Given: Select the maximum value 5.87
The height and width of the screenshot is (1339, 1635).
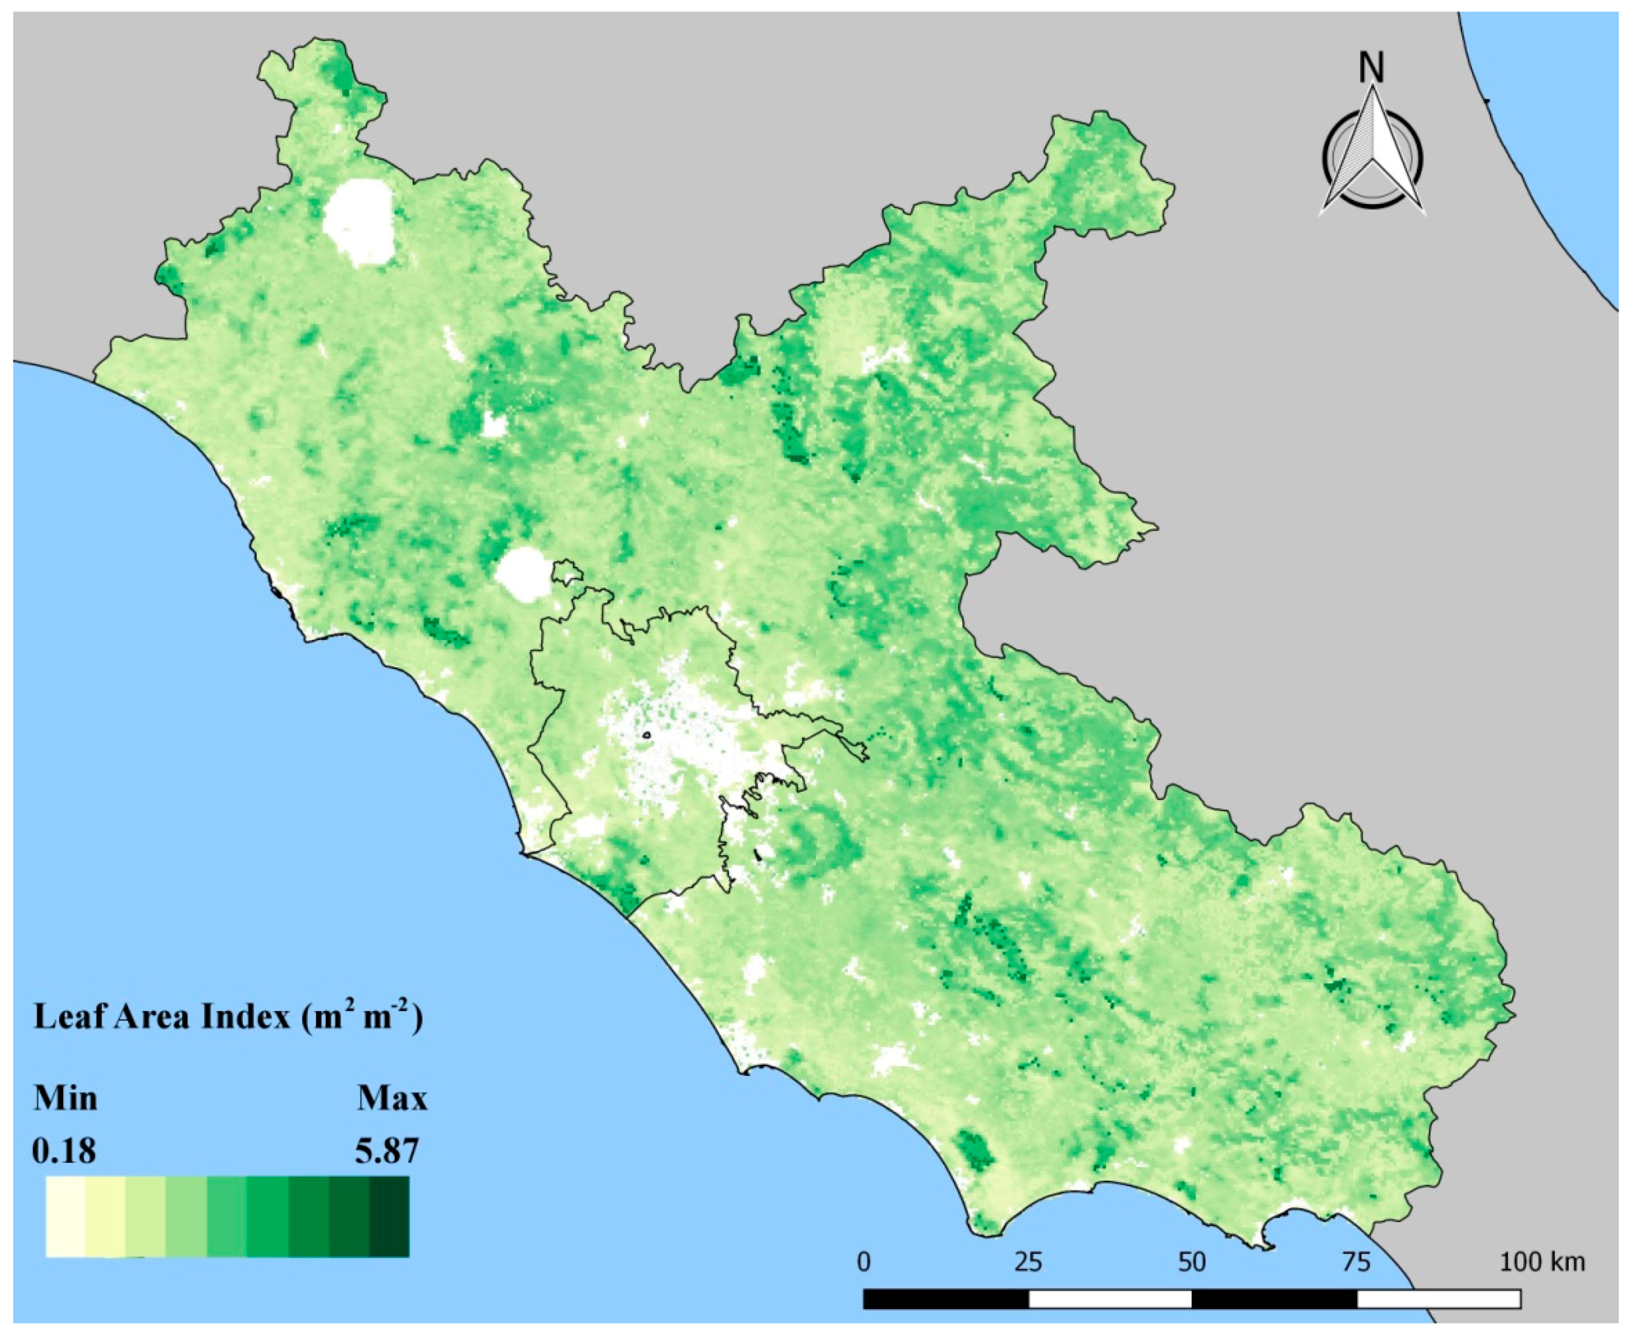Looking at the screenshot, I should pyautogui.click(x=387, y=1152).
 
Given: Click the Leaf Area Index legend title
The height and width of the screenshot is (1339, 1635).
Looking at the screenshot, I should pyautogui.click(x=227, y=1018).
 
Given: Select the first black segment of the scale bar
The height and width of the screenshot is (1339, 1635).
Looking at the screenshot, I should pyautogui.click(x=946, y=1299).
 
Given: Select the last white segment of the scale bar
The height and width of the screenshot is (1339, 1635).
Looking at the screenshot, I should pyautogui.click(x=1438, y=1299).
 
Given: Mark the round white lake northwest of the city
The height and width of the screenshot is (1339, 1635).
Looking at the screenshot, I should pyautogui.click(x=523, y=573).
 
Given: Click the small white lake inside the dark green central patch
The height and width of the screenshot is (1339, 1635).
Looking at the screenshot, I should pyautogui.click(x=494, y=423).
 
